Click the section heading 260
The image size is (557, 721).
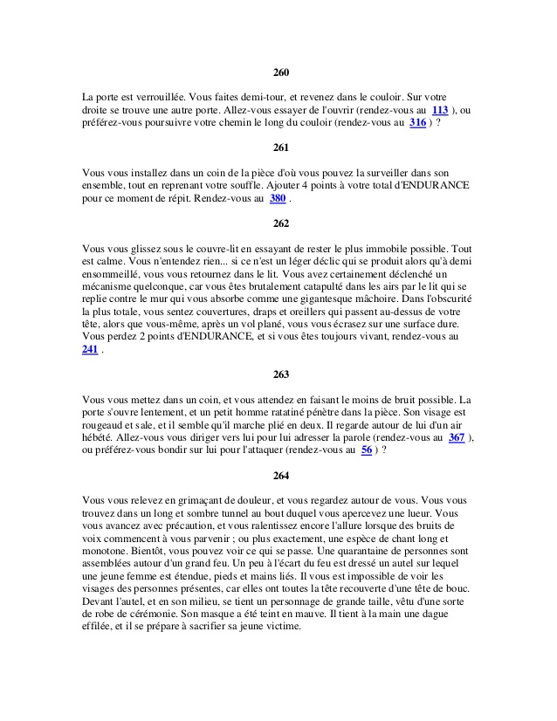click(x=280, y=72)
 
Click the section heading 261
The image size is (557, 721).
click(x=280, y=148)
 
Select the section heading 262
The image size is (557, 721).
click(x=280, y=223)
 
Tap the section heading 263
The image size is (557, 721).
click(x=280, y=374)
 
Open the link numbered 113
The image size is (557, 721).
click(x=440, y=111)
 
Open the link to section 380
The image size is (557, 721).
click(x=278, y=199)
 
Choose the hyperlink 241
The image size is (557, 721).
click(x=89, y=350)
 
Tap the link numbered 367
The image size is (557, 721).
click(x=456, y=438)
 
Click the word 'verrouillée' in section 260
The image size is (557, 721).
click(x=163, y=98)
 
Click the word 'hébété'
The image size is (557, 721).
click(x=100, y=438)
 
